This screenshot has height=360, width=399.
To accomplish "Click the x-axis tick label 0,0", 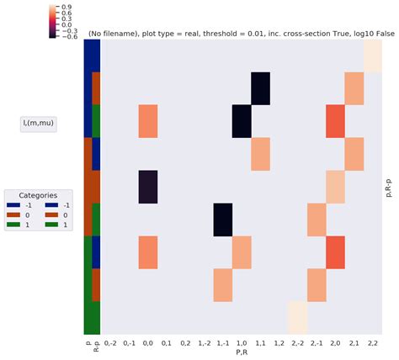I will [148, 343].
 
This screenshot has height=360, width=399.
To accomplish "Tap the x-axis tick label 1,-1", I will [223, 343].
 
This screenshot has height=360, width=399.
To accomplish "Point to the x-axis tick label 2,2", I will [372, 343].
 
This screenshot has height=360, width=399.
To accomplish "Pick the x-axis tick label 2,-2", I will [297, 343].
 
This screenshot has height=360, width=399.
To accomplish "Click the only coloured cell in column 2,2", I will [372, 56].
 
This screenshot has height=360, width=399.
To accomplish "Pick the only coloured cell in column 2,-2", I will [297, 317].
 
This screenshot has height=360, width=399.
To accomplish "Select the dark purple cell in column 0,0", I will [148, 187].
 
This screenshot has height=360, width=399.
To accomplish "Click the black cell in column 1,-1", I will [223, 220].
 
